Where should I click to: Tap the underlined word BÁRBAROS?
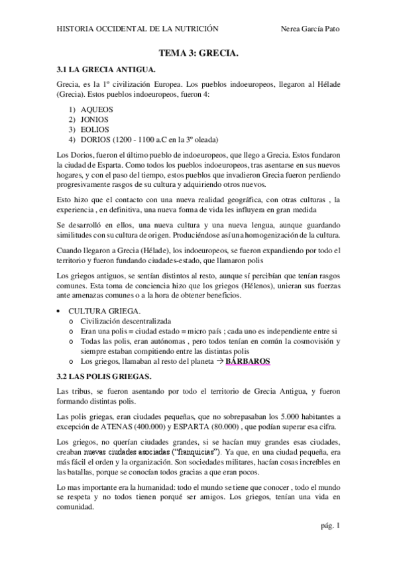(x=248, y=361)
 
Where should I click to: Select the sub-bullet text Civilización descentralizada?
(x=126, y=320)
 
